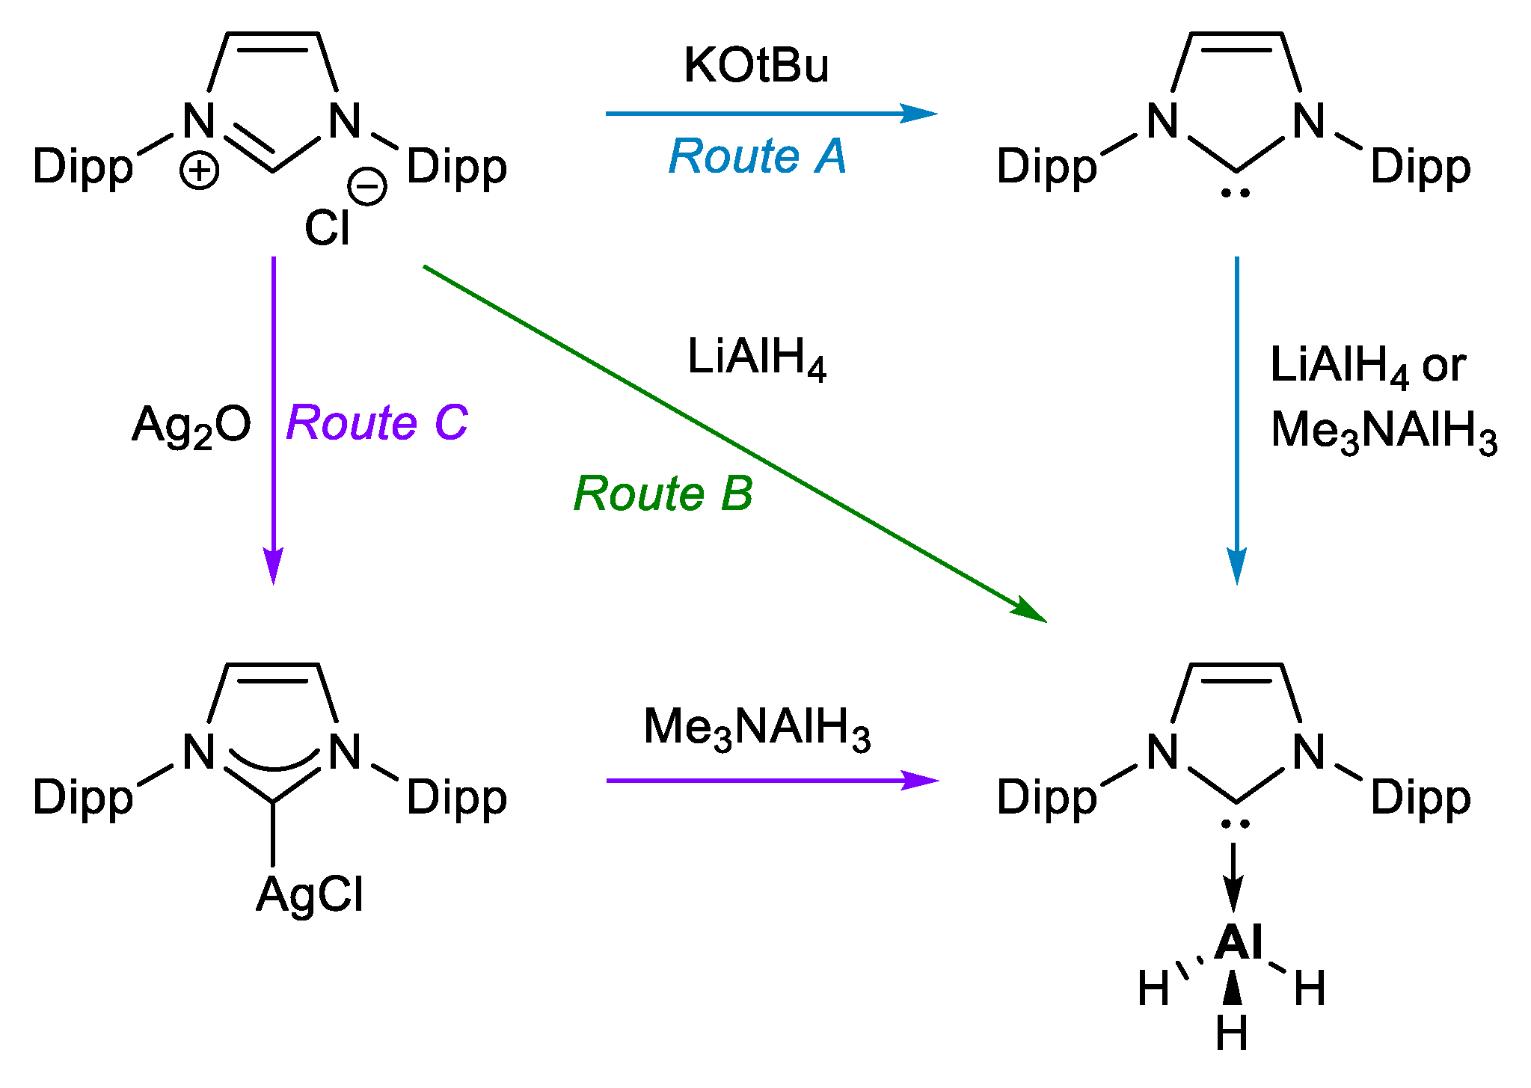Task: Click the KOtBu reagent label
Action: tap(756, 66)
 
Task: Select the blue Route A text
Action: tap(757, 156)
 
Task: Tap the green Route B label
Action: tap(663, 494)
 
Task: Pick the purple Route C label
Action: tap(377, 422)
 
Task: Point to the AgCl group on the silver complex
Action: tap(310, 895)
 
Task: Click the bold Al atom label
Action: tap(1239, 942)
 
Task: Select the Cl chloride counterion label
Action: tap(327, 228)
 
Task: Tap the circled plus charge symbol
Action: tap(199, 171)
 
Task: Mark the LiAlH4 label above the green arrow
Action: tap(756, 358)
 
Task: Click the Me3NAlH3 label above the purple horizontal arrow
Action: tap(756, 728)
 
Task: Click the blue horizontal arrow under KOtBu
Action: tap(770, 114)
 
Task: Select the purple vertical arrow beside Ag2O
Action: tap(274, 419)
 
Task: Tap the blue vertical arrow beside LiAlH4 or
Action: tap(1237, 419)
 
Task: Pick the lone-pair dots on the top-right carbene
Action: tap(1235, 193)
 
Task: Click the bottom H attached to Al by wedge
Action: tap(1232, 1034)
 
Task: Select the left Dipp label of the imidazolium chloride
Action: tap(83, 167)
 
